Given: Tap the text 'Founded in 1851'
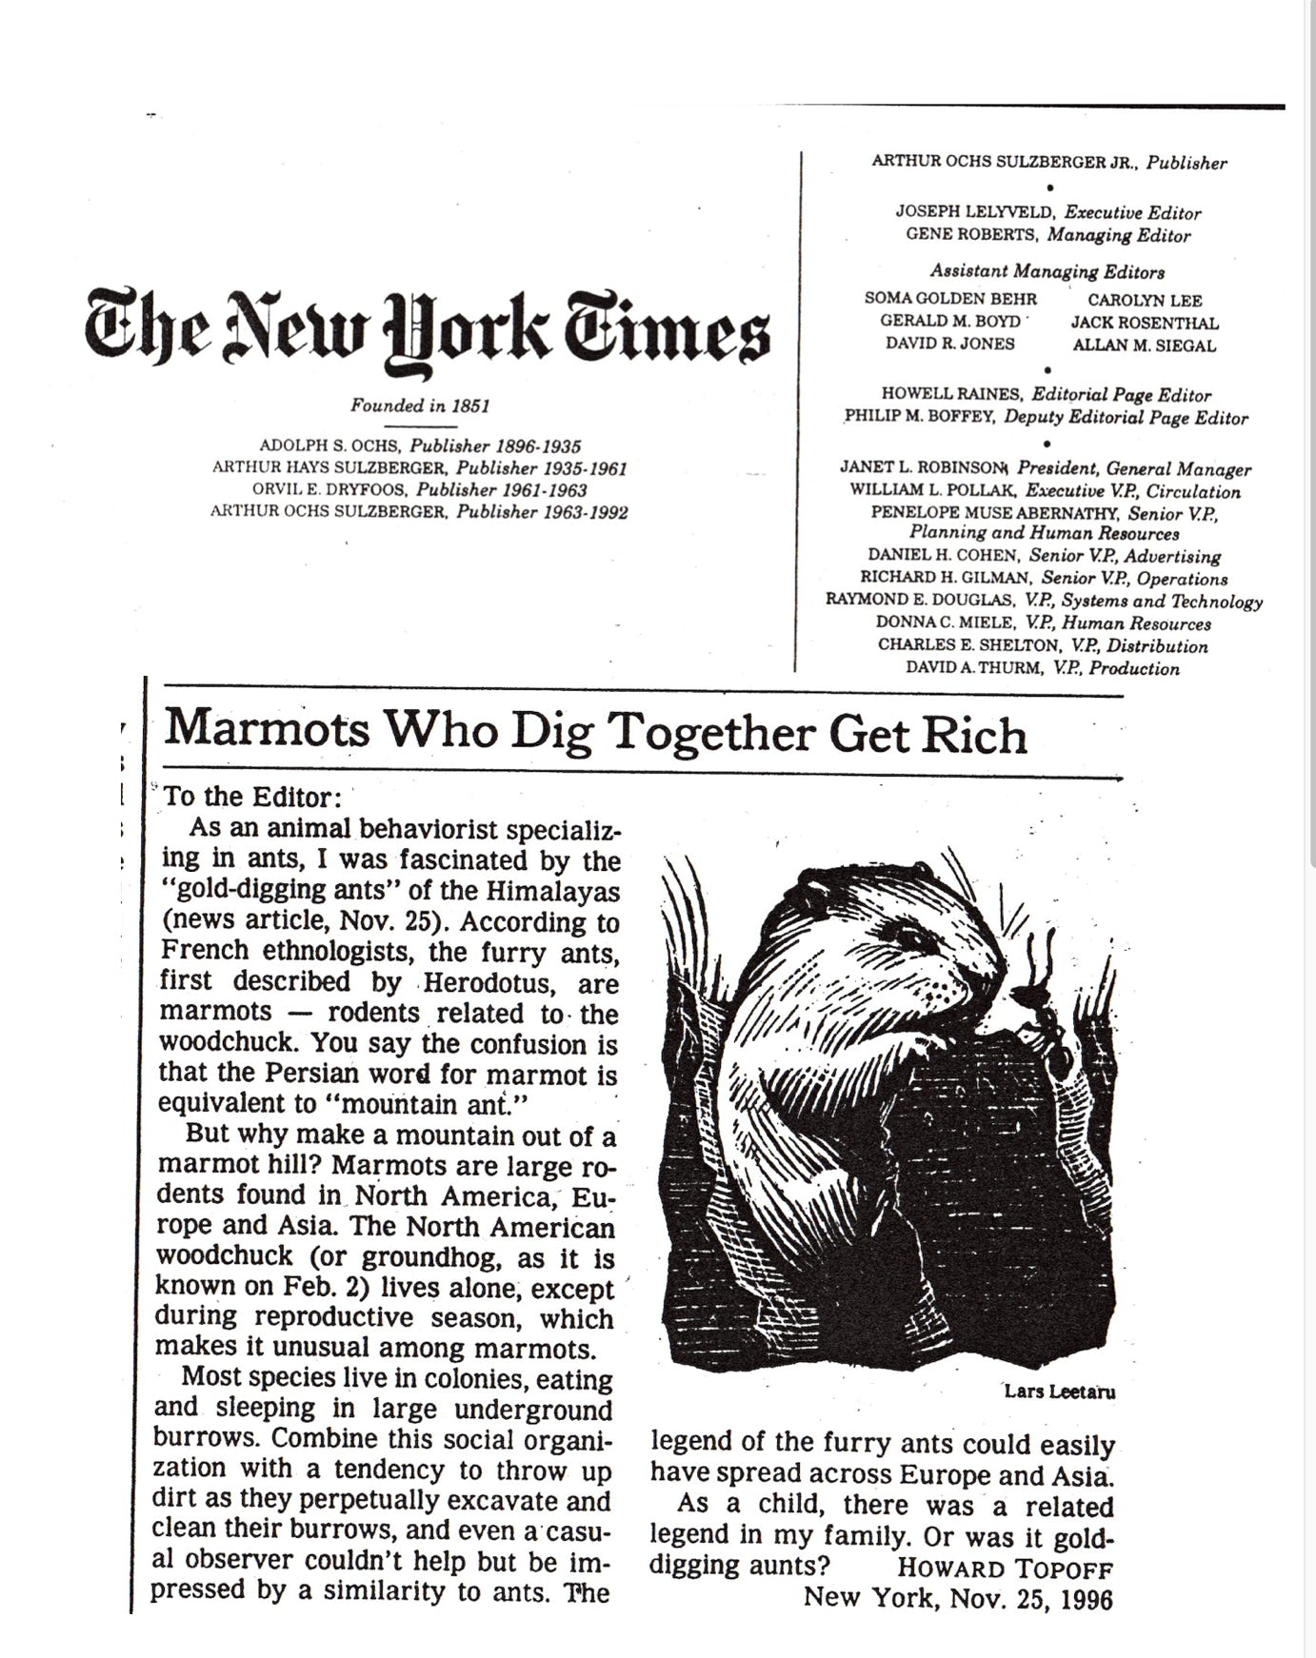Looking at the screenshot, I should [420, 405].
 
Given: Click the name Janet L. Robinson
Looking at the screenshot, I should [922, 467].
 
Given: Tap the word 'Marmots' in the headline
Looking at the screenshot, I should [267, 731].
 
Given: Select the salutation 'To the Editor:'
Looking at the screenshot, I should [251, 797].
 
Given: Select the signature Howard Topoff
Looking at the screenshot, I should [1005, 1569].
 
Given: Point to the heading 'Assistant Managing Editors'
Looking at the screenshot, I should [1047, 271].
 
